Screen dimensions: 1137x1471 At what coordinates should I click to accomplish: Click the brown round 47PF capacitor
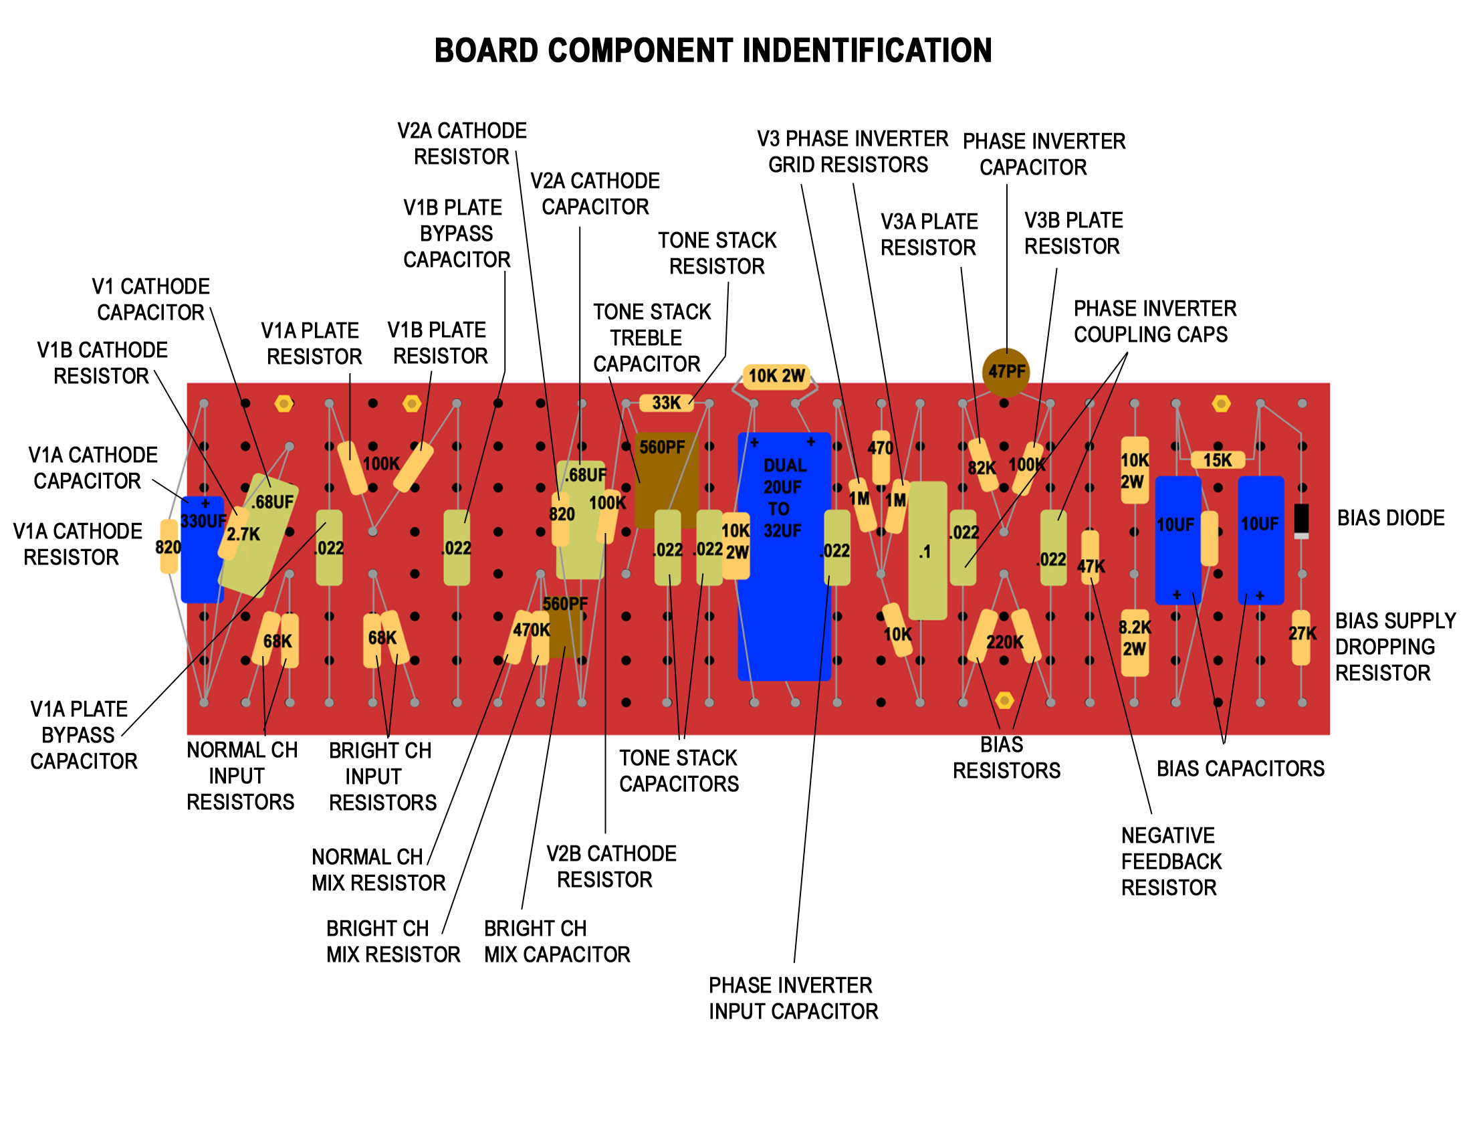[1006, 371]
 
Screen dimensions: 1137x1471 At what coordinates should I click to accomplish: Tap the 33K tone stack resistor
[666, 403]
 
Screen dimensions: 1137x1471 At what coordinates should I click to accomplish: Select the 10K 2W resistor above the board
[776, 376]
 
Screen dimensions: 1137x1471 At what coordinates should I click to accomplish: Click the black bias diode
[1301, 520]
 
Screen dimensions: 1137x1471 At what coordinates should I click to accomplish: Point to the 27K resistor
[1300, 637]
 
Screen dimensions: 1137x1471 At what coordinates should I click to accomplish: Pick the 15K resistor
[1217, 460]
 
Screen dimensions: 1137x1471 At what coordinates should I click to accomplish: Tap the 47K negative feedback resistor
[1090, 558]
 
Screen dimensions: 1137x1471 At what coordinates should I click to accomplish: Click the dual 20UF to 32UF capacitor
[784, 556]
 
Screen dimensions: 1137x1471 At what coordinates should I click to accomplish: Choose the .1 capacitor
[927, 550]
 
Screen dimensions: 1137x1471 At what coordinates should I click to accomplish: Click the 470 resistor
[881, 457]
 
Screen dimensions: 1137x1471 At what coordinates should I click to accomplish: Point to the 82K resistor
[983, 464]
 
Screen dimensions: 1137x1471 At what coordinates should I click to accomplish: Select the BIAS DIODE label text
[1390, 518]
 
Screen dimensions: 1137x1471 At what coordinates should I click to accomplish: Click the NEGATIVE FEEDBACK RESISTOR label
[1171, 861]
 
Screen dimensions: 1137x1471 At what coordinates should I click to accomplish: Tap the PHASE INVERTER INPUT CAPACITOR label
[793, 999]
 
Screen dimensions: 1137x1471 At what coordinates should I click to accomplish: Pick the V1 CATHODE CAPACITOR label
[150, 300]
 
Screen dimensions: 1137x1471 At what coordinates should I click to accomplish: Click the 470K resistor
[520, 636]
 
